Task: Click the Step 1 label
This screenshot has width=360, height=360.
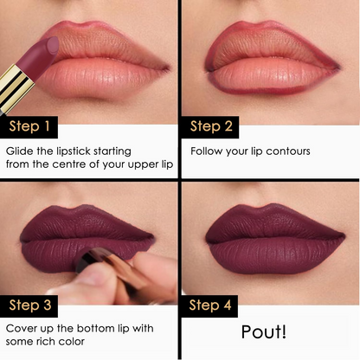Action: pos(29,127)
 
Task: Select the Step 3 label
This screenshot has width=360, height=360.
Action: pos(30,305)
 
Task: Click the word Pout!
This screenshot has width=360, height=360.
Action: pos(269,332)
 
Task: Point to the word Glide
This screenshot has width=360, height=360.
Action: pos(21,151)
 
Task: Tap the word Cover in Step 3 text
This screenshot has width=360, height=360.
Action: pos(23,329)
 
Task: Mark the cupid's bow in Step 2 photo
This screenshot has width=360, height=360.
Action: pos(266,27)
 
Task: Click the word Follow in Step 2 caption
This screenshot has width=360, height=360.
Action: pos(204,151)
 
